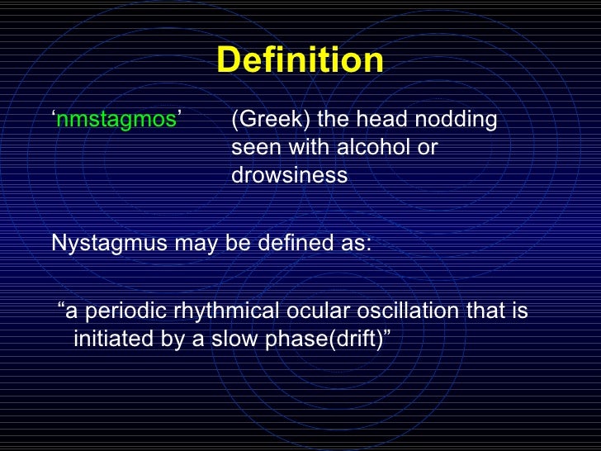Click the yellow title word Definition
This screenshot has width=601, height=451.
[300, 60]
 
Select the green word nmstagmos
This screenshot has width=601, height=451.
[116, 121]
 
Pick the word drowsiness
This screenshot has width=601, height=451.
[289, 176]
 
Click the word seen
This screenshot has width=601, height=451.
[253, 148]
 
